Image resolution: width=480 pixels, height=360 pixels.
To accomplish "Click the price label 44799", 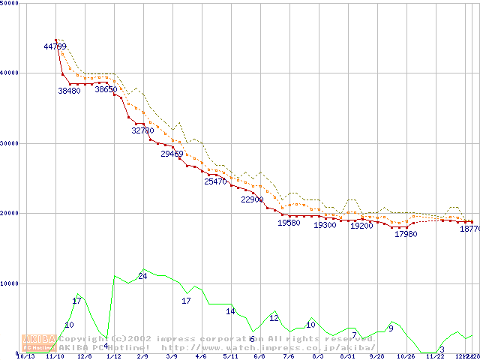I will [55, 46].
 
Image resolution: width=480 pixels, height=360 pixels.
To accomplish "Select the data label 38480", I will [69, 91].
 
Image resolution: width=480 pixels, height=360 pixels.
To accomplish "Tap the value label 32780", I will [142, 130].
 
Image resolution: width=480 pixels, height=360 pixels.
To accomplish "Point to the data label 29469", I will [172, 154].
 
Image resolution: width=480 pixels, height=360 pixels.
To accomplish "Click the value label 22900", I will [252, 199].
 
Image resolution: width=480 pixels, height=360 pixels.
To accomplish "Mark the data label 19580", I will [289, 223].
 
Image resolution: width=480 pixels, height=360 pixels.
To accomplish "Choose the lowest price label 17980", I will [406, 234].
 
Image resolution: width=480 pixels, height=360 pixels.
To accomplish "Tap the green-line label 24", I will [142, 277].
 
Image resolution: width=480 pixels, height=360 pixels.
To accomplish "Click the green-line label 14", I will [230, 311].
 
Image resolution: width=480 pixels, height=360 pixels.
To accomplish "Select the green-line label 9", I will [391, 328].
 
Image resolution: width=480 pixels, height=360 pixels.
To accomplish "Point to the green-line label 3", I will [442, 349].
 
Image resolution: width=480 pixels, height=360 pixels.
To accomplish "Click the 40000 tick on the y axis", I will [10, 73].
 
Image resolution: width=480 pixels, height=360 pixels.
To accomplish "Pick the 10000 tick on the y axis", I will [10, 283].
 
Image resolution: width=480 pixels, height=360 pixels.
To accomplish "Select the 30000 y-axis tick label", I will [10, 143].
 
